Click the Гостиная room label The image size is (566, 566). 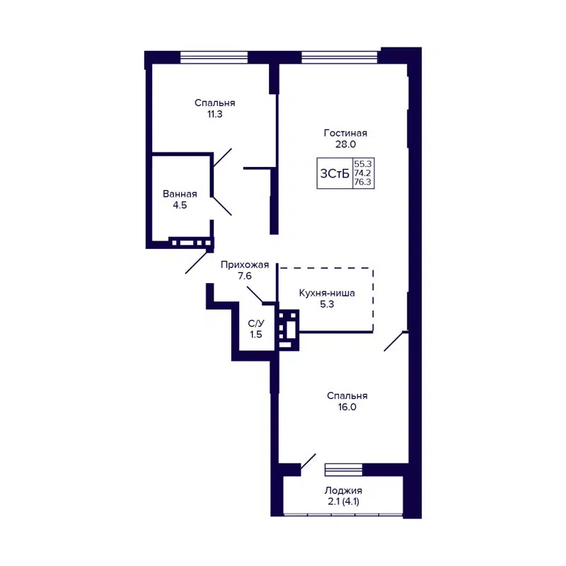(x=345, y=132)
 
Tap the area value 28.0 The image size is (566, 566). (x=345, y=144)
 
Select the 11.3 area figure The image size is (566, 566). (x=214, y=113)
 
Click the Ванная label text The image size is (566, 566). (x=179, y=194)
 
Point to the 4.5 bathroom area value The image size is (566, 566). (x=179, y=205)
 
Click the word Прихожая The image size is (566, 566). (x=245, y=265)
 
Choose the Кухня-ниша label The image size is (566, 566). (x=326, y=293)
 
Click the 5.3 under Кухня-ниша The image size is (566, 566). (x=326, y=304)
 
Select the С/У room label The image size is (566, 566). (x=256, y=323)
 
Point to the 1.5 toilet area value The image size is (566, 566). (x=256, y=335)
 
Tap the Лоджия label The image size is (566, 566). (x=343, y=491)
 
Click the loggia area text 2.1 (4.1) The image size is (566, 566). (x=343, y=502)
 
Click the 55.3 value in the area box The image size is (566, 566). (x=362, y=163)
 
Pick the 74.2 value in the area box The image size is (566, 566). (x=362, y=173)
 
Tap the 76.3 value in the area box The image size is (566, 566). (x=362, y=182)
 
